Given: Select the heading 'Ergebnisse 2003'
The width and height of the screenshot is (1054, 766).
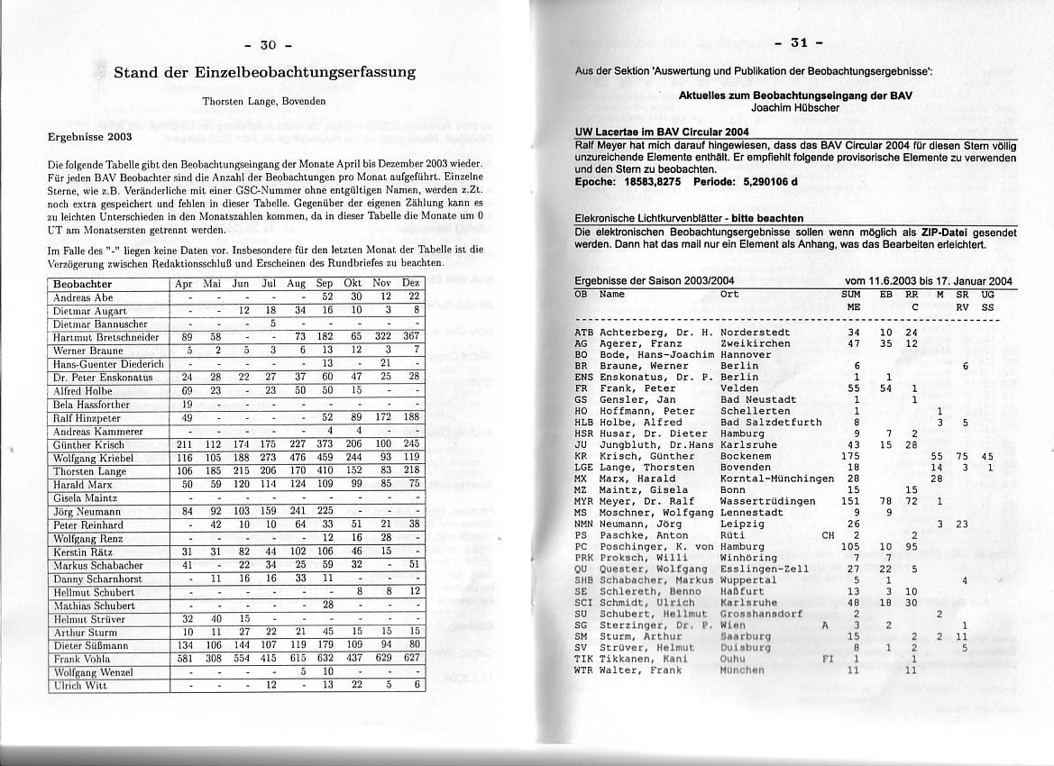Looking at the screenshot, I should point(89,137).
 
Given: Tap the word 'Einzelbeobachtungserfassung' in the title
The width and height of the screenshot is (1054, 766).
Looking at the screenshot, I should point(311,72).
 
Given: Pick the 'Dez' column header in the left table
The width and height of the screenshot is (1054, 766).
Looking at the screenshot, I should point(411,284).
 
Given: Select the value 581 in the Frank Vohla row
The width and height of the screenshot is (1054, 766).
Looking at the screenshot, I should point(188,659).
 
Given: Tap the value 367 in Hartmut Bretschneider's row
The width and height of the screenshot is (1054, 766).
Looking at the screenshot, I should point(411,337).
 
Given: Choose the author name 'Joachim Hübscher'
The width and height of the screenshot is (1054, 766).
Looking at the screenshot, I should point(794,107).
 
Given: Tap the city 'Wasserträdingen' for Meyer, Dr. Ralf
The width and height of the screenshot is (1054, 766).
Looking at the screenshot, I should point(768,501).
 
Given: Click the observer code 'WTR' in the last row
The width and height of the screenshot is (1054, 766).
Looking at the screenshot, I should point(583,670).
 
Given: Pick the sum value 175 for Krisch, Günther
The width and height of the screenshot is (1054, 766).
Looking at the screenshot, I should point(850,456).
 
